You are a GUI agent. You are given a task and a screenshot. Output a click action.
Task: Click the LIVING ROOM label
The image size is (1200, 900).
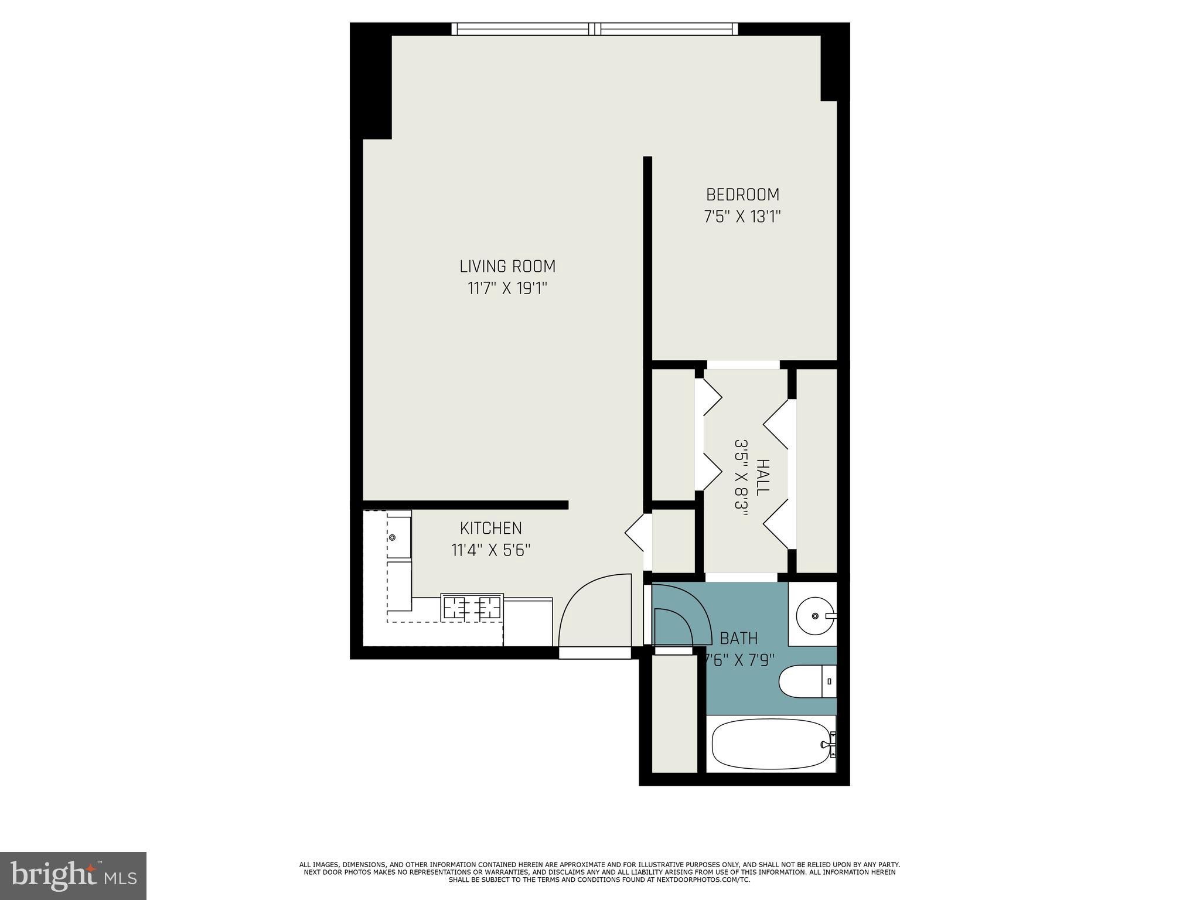pyautogui.click(x=507, y=267)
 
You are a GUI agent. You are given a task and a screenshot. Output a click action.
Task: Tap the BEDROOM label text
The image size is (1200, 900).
pyautogui.click(x=742, y=195)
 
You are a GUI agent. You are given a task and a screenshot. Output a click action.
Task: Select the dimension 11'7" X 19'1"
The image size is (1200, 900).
pyautogui.click(x=507, y=289)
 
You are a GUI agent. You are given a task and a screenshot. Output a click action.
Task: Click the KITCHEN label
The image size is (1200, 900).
pyautogui.click(x=490, y=529)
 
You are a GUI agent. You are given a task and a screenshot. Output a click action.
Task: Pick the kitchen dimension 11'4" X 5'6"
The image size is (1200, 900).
pyautogui.click(x=490, y=551)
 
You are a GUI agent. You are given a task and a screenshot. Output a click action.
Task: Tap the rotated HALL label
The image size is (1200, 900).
pyautogui.click(x=762, y=478)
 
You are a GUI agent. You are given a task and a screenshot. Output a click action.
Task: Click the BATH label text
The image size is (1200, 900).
pyautogui.click(x=738, y=638)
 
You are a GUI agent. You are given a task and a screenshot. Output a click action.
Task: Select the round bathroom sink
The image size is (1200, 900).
pyautogui.click(x=815, y=616)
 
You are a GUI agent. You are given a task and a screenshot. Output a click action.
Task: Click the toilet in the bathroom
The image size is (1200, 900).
pyautogui.click(x=806, y=681)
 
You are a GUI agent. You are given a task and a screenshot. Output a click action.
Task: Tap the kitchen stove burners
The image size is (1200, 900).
pyautogui.click(x=472, y=608)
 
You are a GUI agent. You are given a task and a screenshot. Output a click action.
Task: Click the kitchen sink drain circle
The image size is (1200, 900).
pyautogui.click(x=392, y=537)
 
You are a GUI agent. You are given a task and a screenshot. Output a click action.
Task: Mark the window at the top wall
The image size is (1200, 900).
pyautogui.click(x=595, y=29)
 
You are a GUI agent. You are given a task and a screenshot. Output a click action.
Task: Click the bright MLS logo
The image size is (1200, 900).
pyautogui.click(x=73, y=875)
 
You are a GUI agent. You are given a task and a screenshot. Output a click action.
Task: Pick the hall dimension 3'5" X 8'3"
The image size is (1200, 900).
pyautogui.click(x=741, y=478)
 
